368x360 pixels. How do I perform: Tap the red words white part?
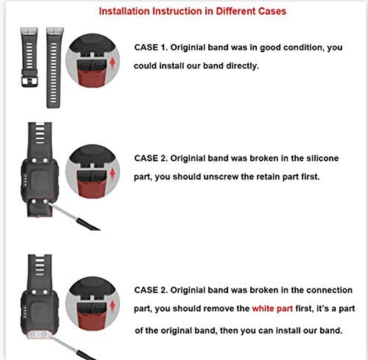[273, 309]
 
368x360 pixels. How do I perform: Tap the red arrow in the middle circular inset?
[113, 174]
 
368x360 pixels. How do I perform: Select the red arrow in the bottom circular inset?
[113, 306]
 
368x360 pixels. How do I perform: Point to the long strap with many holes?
[54, 67]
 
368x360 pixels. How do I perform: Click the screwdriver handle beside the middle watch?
[88, 225]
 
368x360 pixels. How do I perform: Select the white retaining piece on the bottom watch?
[39, 335]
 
